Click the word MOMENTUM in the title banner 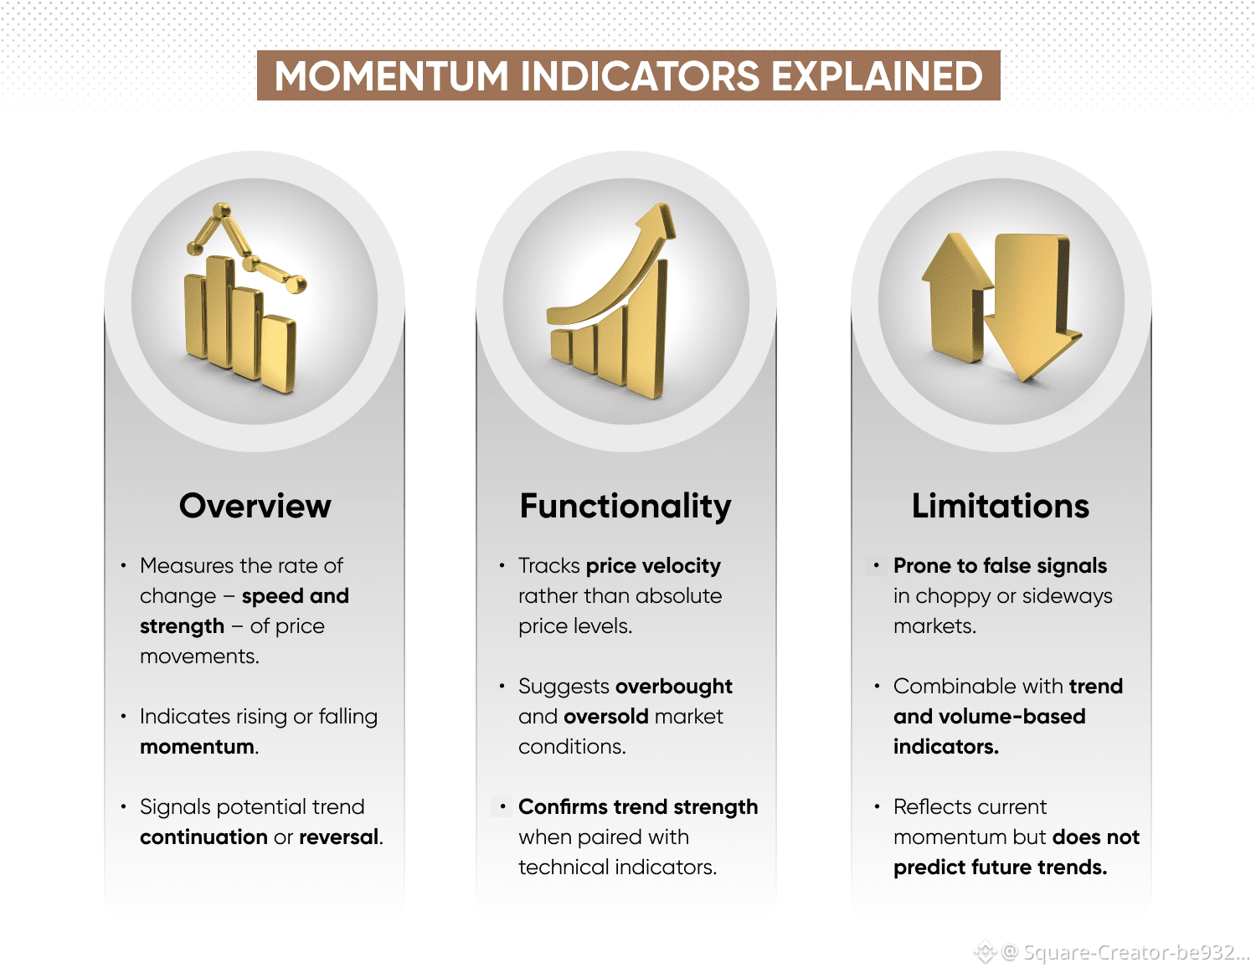[x=391, y=76]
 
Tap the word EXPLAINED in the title [x=877, y=76]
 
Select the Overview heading [x=255, y=506]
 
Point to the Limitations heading [x=1001, y=506]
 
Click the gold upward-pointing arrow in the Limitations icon [x=956, y=297]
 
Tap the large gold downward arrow [x=1032, y=306]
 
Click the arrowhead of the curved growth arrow [x=658, y=221]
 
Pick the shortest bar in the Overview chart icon [x=277, y=353]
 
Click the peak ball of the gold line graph [x=221, y=209]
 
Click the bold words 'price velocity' [x=653, y=566]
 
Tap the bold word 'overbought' [x=674, y=687]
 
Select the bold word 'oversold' [x=606, y=717]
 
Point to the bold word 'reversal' [x=339, y=837]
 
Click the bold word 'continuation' [x=203, y=837]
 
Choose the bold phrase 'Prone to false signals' [x=1000, y=566]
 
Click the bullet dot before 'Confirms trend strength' [x=503, y=806]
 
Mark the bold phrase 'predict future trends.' [x=1000, y=867]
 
